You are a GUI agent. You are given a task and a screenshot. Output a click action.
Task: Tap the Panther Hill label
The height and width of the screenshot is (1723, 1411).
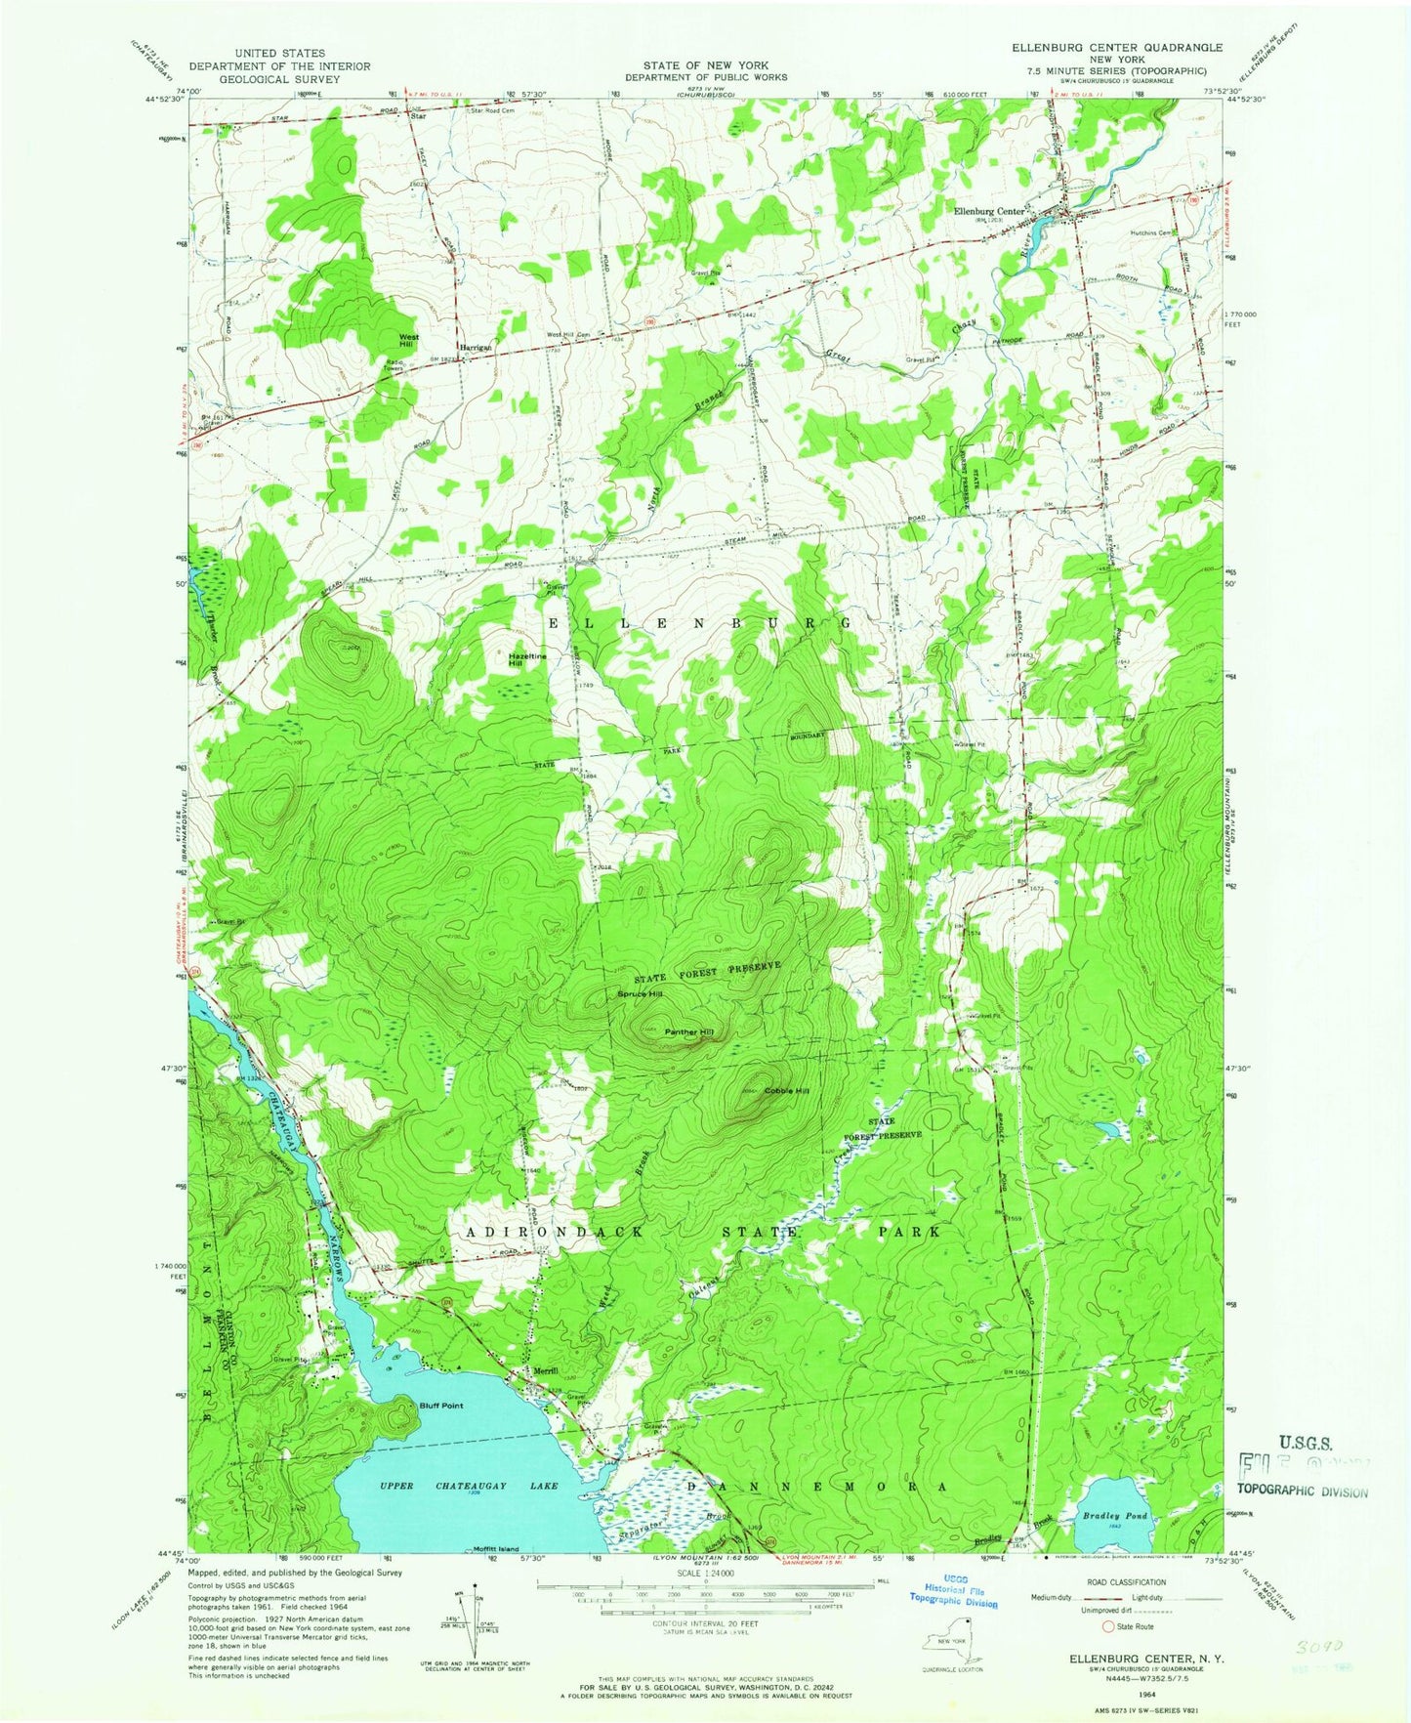[x=688, y=1031]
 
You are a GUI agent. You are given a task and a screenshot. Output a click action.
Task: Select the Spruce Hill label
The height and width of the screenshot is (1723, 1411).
[x=640, y=994]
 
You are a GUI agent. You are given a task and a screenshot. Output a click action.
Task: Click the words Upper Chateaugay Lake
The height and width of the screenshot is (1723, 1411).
[x=469, y=1486]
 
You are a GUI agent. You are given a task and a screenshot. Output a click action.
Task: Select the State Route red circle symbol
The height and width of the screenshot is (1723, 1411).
[x=1108, y=1626]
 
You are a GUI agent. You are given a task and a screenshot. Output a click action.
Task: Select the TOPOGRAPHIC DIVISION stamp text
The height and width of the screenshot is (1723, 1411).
[x=1302, y=1491]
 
